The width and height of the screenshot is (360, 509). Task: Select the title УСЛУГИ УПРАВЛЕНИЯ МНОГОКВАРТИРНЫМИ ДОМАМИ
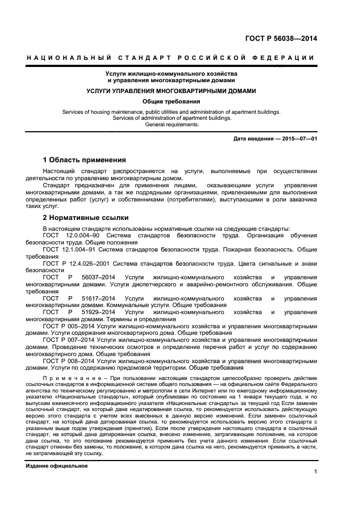172,91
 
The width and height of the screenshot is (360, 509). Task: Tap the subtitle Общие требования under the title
172,101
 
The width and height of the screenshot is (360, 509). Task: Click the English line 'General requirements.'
172,124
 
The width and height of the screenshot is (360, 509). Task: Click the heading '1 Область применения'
84,160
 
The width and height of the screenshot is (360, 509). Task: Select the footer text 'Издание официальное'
57,451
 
